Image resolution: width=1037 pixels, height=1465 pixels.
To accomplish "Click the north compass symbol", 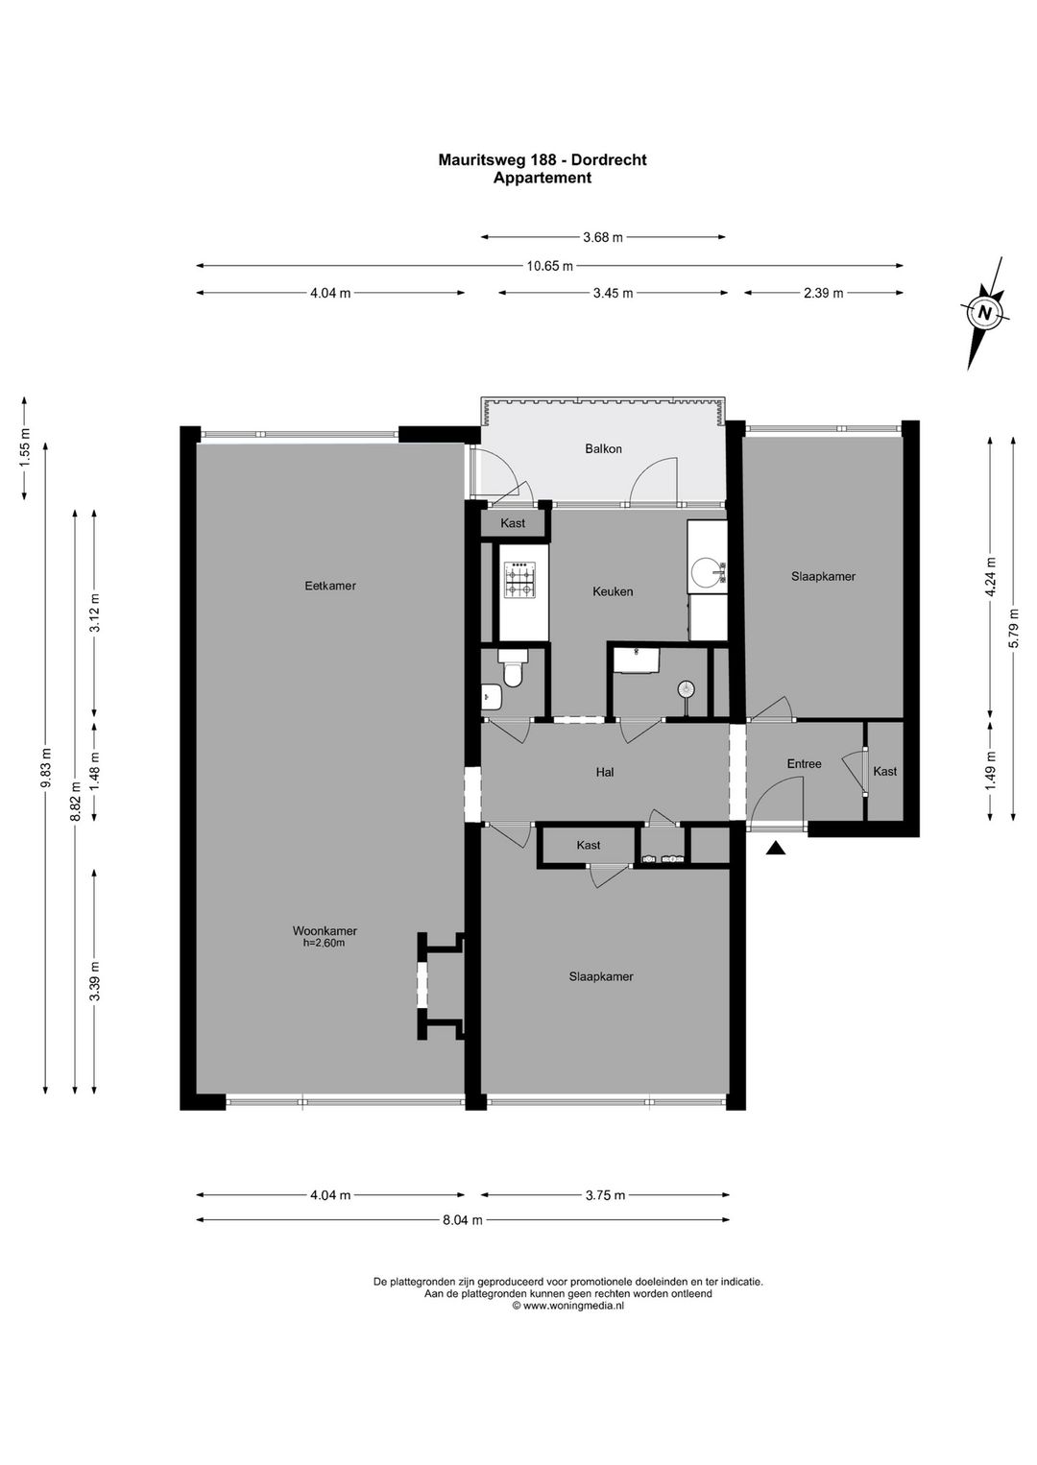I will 984,312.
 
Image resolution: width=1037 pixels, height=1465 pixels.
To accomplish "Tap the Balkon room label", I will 604,448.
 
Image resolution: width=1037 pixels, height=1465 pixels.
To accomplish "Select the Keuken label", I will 613,591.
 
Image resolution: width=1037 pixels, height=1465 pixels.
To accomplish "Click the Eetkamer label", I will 330,585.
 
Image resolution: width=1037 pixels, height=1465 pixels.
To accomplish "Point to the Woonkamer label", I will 325,930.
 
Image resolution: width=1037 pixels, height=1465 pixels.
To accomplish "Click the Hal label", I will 605,771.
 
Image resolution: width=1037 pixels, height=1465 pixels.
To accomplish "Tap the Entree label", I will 804,763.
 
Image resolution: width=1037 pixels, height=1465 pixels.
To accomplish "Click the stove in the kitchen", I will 521,580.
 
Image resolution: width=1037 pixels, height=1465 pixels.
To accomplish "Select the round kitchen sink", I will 709,573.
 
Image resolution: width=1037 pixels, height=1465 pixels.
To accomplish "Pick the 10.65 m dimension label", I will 549,266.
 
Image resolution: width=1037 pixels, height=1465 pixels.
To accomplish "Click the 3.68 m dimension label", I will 603,237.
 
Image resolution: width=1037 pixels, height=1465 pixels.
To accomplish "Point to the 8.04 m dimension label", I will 463,1220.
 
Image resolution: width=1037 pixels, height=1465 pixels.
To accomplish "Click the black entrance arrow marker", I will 776,848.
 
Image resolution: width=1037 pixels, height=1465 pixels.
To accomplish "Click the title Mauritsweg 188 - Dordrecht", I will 543,160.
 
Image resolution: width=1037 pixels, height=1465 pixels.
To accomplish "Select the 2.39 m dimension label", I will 823,293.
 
